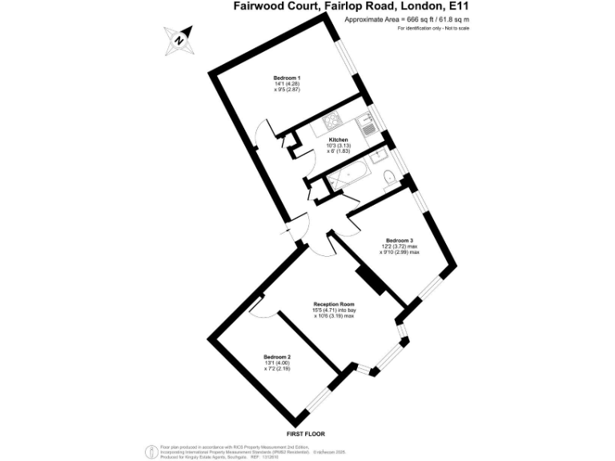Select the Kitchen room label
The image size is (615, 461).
tap(337, 139)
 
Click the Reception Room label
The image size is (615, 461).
tap(334, 304)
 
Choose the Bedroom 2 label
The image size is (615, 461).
tap(277, 356)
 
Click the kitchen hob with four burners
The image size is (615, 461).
tap(331, 122)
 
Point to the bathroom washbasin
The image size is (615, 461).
tap(336, 190)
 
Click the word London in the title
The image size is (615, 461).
tap(403, 6)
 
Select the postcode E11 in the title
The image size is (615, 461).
tap(454, 6)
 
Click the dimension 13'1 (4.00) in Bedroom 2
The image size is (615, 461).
tap(277, 363)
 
